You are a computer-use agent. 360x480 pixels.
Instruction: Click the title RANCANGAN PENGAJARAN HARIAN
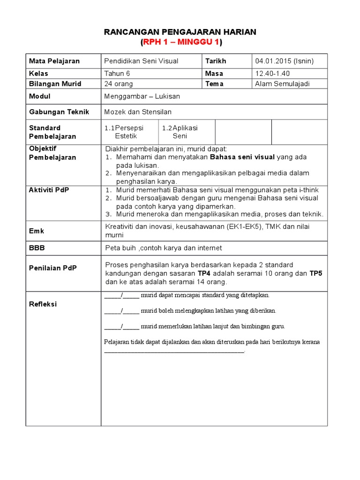click(180, 32)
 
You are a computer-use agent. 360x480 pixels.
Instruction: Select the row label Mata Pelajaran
click(54, 61)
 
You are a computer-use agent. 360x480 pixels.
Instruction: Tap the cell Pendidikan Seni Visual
click(141, 61)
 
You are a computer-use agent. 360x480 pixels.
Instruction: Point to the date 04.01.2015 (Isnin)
click(285, 61)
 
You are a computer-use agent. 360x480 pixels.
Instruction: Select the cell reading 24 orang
click(119, 84)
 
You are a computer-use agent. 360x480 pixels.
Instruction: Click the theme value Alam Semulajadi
click(283, 84)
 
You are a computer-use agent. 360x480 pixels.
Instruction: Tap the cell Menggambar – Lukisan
click(142, 96)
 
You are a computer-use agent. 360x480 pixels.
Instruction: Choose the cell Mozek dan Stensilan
click(138, 112)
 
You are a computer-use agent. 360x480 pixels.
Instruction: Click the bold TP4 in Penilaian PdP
click(204, 273)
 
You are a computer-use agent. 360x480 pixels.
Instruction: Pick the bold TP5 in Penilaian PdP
click(316, 273)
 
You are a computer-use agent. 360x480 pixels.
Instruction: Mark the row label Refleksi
click(43, 304)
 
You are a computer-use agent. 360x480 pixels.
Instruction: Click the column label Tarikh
click(216, 61)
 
